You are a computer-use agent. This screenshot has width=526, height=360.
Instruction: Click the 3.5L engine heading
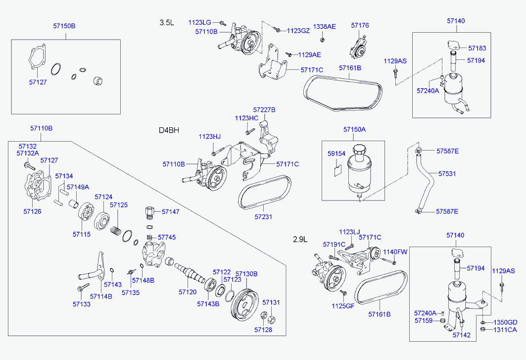167,22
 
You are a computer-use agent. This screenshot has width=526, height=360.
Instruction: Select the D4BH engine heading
169,130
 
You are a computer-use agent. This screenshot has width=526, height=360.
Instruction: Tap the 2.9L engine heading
300,239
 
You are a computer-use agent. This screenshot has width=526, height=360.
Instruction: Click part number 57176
360,25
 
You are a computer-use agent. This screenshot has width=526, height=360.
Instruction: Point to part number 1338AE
324,26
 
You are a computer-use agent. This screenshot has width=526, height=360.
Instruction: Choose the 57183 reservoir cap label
477,49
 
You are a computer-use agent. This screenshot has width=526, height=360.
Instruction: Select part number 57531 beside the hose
447,174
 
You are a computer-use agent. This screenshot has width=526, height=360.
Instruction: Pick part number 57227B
264,109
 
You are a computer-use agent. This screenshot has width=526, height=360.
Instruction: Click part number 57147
170,211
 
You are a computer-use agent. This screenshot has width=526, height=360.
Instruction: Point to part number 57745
166,237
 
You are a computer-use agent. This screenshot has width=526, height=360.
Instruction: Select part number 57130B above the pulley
246,273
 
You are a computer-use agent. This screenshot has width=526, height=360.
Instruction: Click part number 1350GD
505,322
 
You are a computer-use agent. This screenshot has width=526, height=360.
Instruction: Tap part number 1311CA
505,329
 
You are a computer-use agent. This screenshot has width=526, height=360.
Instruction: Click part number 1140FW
395,252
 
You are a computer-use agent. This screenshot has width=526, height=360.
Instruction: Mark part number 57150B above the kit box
64,25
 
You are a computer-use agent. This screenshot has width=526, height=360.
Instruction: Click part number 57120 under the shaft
188,292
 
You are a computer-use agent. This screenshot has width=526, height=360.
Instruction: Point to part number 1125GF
343,306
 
